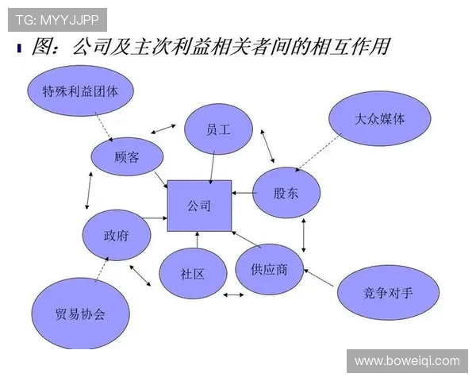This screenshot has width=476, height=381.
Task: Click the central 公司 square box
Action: (x=199, y=206)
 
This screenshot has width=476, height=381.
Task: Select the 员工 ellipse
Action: (x=217, y=129)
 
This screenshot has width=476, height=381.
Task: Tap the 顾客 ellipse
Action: (x=127, y=157)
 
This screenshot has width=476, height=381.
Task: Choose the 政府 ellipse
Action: (x=117, y=235)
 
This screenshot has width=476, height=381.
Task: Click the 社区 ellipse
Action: (x=193, y=274)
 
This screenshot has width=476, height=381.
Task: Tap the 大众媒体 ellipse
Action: (x=380, y=118)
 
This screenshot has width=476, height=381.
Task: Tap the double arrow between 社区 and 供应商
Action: (x=233, y=295)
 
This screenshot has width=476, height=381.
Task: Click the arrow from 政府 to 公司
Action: (x=154, y=217)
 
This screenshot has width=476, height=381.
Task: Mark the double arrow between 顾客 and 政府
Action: (x=90, y=190)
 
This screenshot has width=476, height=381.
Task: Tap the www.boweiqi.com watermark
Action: (x=407, y=360)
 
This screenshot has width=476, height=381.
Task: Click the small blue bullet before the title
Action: (x=18, y=48)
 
